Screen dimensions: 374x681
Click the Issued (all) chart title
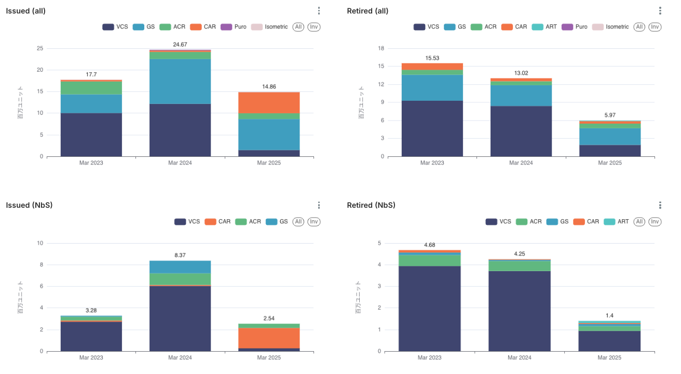tap(25, 11)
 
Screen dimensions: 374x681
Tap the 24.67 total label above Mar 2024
tap(180, 45)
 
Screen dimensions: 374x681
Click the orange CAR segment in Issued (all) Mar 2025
tap(269, 102)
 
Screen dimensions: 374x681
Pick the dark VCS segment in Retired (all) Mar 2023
tap(432, 128)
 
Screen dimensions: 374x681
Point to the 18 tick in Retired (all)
tap(381, 49)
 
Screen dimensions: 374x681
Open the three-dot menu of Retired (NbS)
tap(660, 205)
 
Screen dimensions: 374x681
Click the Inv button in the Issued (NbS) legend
tap(314, 222)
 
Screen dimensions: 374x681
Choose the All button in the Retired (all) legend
tap(639, 26)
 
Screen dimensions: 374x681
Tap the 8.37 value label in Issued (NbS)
tap(180, 255)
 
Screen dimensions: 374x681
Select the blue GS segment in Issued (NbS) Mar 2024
tap(180, 266)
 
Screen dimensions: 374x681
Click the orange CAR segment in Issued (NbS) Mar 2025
tap(269, 338)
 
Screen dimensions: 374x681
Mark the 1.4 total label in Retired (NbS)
tap(610, 315)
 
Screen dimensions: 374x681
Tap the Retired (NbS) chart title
tap(371, 205)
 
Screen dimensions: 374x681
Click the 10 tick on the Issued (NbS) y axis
tap(40, 243)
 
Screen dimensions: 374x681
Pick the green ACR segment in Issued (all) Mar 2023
tap(91, 88)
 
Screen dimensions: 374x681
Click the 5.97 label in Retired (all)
tap(610, 115)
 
